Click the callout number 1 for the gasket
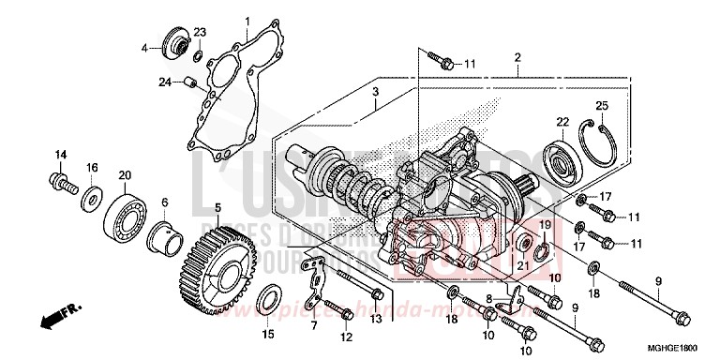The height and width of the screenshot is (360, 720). click(x=247, y=21)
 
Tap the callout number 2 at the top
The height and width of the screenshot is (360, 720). click(x=517, y=58)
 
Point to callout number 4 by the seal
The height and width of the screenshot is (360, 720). click(x=145, y=47)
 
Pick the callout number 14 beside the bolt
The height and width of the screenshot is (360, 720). click(x=61, y=155)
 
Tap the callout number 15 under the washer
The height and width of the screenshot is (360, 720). click(x=267, y=334)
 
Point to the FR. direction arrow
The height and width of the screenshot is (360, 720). click(x=56, y=319)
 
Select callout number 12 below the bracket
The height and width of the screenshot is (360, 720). click(x=346, y=336)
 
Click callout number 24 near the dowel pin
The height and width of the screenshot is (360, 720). click(x=164, y=82)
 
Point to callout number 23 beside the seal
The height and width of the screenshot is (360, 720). click(x=199, y=33)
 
